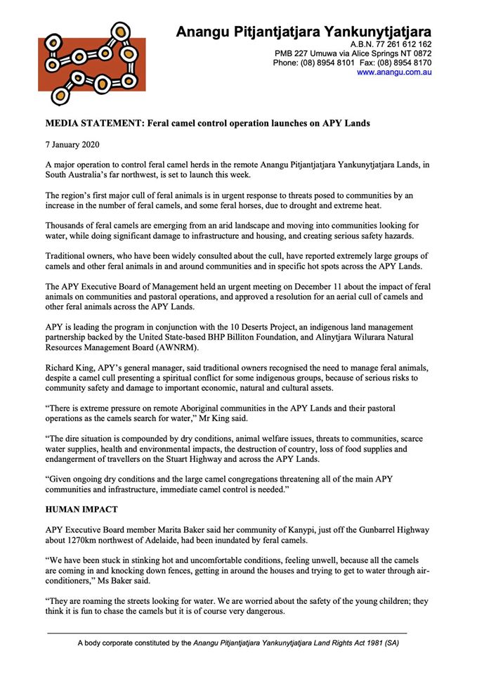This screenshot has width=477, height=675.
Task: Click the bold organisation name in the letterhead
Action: pyautogui.click(x=303, y=32)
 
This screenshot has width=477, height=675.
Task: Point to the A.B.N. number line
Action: pyautogui.click(x=390, y=44)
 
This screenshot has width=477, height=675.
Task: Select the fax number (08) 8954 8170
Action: pyautogui.click(x=405, y=63)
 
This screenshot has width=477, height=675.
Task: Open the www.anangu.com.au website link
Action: pyautogui.click(x=394, y=72)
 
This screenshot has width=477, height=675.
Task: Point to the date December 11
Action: pyautogui.click(x=263, y=286)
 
